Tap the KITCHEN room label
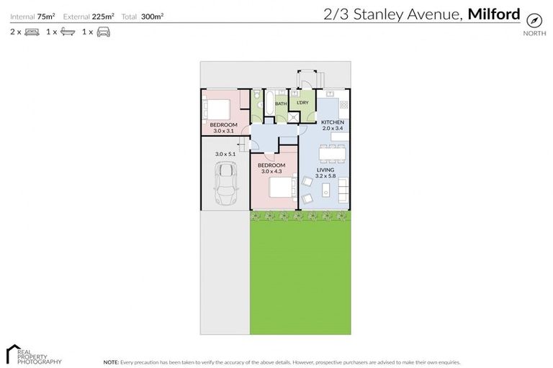click(x=332, y=123)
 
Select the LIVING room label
click(x=325, y=170)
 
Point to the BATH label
click(x=281, y=103)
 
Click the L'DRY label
click(x=302, y=103)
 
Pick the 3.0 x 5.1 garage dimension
click(x=225, y=153)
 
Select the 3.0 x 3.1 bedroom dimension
click(x=225, y=131)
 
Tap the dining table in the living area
click(x=332, y=153)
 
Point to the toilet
click(x=256, y=95)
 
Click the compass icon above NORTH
click(x=534, y=19)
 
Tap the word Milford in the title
click(x=493, y=13)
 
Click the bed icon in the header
click(x=32, y=32)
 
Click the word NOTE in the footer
click(x=111, y=362)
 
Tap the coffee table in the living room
click(x=325, y=190)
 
